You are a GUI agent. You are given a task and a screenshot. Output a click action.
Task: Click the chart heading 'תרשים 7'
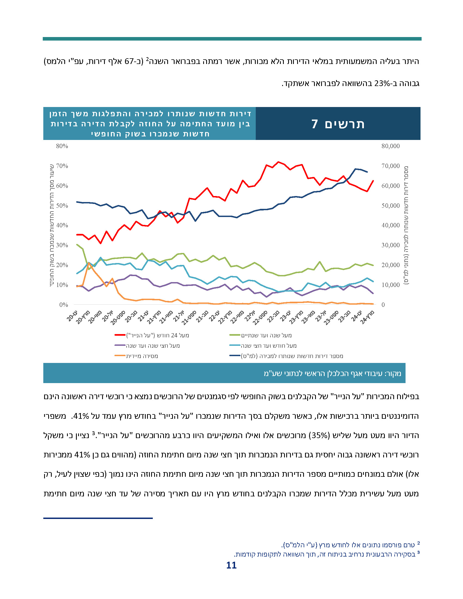338,124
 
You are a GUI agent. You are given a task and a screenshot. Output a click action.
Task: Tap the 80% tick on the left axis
62,146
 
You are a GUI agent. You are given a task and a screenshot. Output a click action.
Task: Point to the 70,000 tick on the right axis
390,166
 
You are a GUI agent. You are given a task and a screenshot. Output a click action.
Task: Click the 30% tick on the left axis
62,245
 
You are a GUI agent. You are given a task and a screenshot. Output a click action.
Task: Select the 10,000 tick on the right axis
390,285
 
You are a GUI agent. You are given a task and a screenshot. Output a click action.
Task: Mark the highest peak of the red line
278,162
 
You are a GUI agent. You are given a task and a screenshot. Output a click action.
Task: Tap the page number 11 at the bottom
231,565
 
